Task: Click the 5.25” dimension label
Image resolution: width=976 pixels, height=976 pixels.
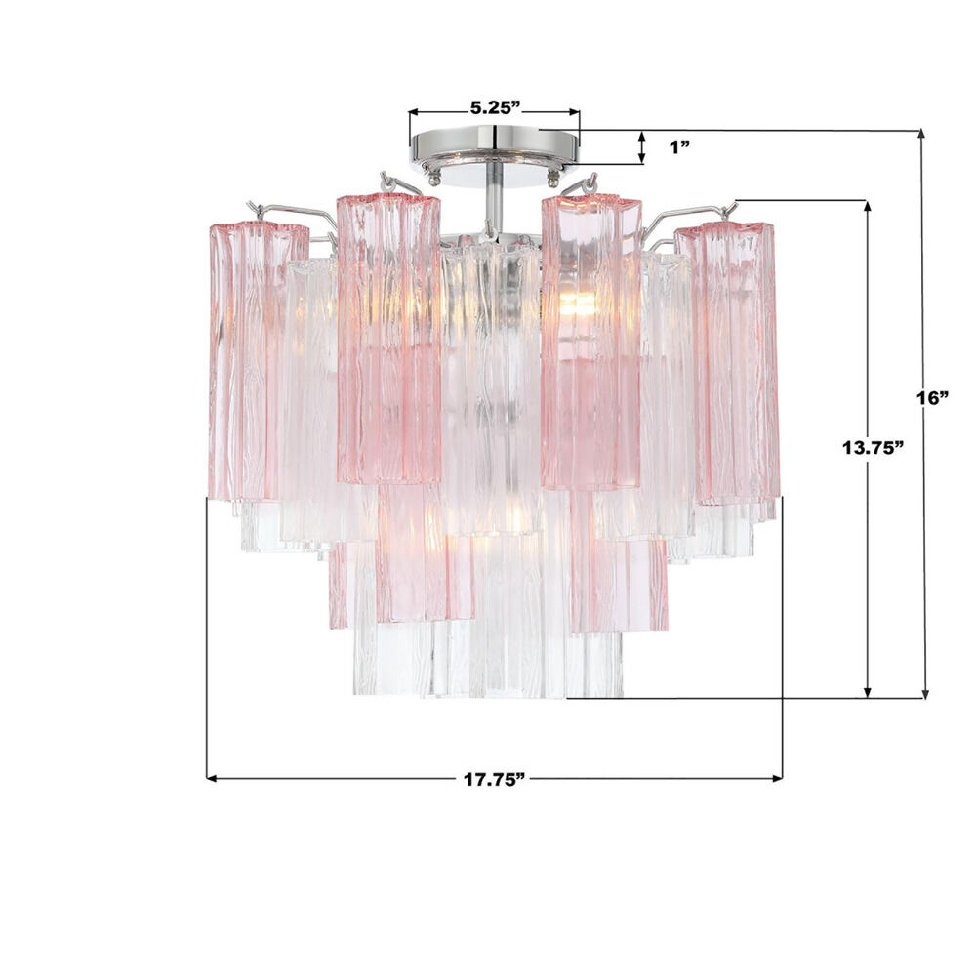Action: (x=495, y=107)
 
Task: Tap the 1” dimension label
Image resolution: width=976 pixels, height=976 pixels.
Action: (x=679, y=147)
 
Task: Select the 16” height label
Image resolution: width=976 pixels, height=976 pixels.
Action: (x=933, y=398)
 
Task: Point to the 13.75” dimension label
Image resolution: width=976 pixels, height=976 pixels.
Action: (x=873, y=447)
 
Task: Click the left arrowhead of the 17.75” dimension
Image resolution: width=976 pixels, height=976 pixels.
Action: (x=212, y=778)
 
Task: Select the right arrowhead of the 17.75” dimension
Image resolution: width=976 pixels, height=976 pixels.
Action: (x=777, y=778)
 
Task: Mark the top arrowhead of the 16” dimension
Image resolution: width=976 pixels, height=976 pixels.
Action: (x=923, y=135)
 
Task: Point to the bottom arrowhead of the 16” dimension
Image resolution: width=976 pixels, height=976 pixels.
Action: (x=925, y=692)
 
